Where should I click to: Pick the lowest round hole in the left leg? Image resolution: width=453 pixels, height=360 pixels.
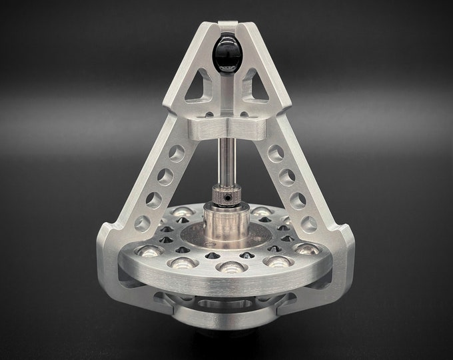point(143,223)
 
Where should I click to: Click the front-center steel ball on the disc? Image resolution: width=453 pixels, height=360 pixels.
point(230,267)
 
